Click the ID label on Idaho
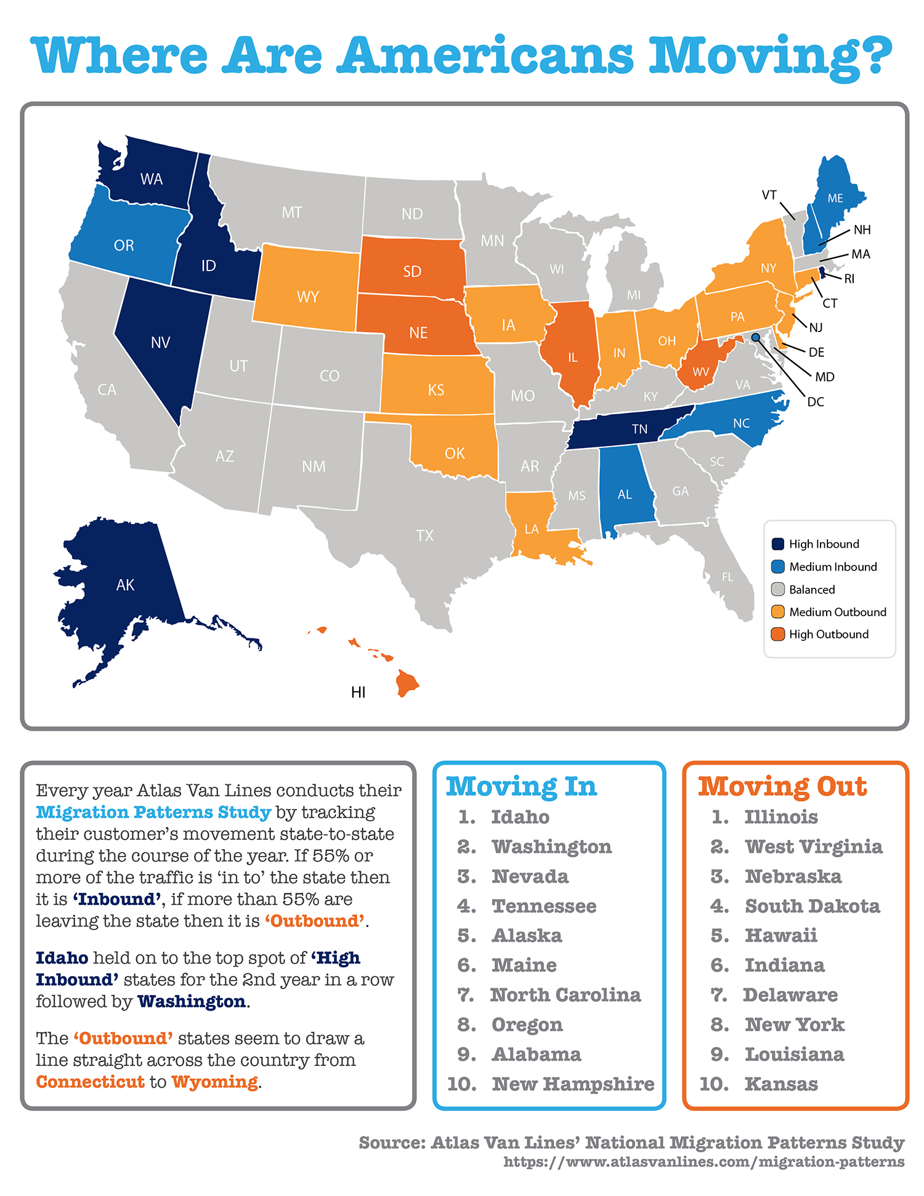tap(208, 266)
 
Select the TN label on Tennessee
tap(639, 429)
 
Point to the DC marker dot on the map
tap(755, 337)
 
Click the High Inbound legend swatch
tap(777, 544)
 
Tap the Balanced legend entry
tap(811, 590)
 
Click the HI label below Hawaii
tap(358, 693)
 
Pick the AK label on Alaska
tap(125, 585)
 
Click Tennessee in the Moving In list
tap(544, 906)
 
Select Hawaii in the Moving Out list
tap(780, 935)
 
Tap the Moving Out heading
tap(782, 787)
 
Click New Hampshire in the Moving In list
tap(573, 1083)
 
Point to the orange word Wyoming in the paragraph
tap(214, 1082)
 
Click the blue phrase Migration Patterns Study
tap(153, 812)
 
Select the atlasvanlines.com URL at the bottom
tap(703, 1162)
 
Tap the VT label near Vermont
tap(769, 195)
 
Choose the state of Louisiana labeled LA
tap(532, 529)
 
